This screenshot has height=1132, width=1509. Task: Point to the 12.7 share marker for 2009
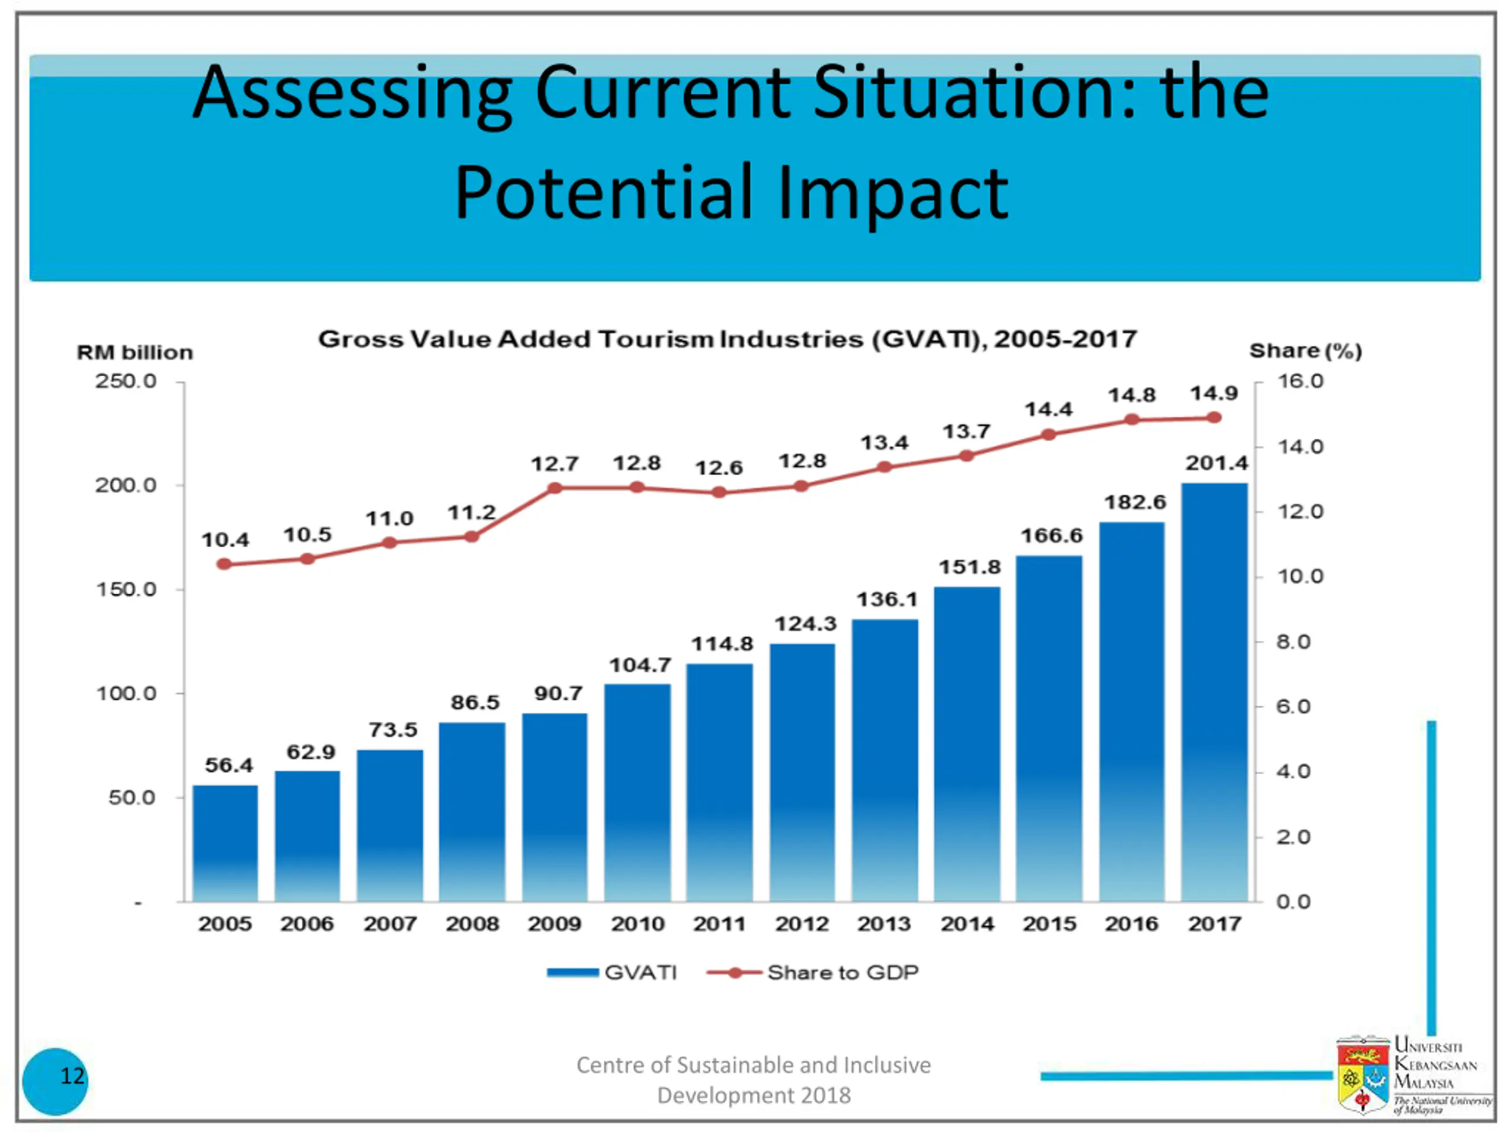tap(555, 488)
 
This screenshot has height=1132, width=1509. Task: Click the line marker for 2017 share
tap(1214, 417)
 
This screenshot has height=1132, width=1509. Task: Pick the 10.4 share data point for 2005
tap(224, 564)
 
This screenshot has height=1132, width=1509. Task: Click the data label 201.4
tap(1217, 463)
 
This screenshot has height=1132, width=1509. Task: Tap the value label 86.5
tap(475, 702)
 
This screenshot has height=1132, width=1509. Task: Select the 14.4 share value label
tap(1049, 409)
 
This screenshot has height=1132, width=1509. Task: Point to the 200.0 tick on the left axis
tap(126, 485)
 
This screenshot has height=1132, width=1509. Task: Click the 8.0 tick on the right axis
tap(1293, 641)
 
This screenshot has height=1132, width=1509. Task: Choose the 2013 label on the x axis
tap(884, 924)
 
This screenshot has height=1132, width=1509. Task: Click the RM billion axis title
tap(135, 352)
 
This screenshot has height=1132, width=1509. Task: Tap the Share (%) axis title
tap(1305, 351)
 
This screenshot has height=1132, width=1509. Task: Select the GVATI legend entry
tap(612, 972)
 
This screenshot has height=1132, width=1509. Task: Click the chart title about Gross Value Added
tap(727, 339)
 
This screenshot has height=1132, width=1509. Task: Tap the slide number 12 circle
tap(55, 1081)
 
